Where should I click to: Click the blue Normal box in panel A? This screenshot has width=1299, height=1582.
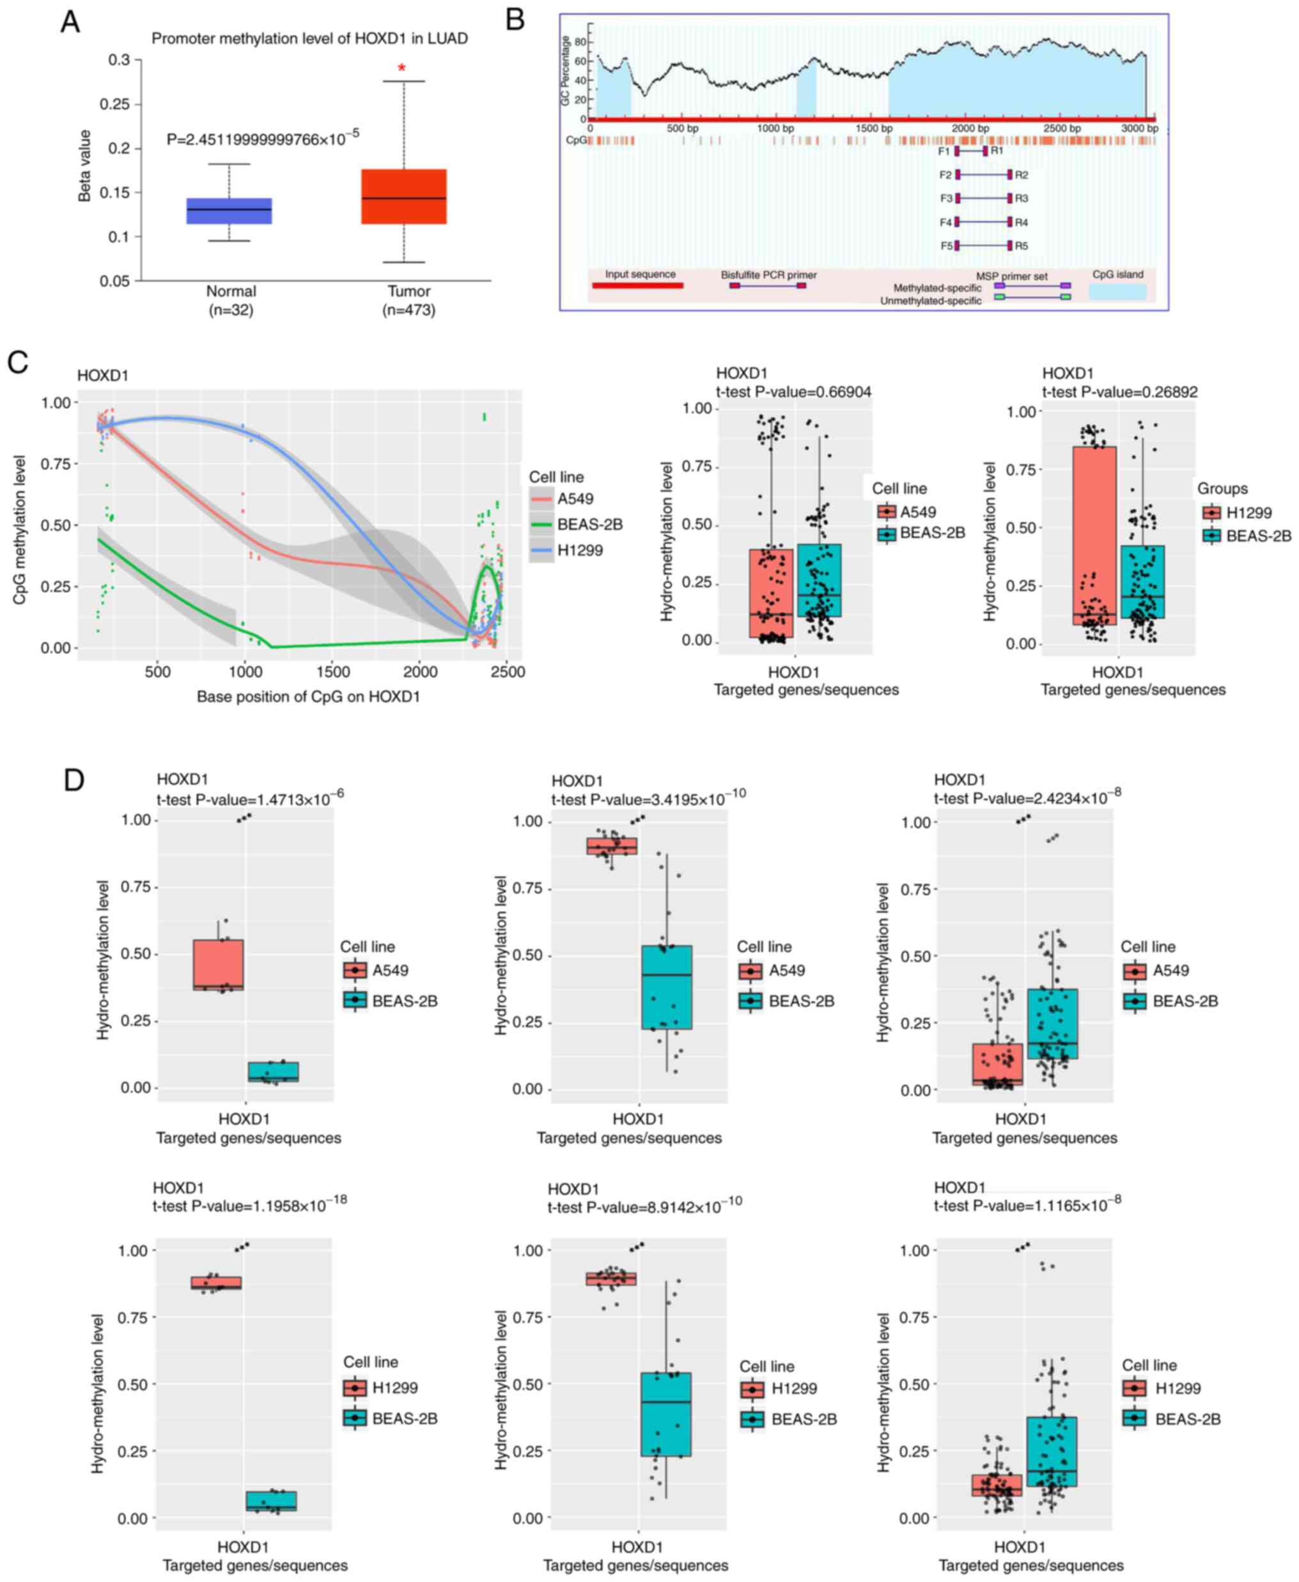[x=229, y=211]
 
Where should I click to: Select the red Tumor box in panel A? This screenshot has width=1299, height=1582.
[x=403, y=196]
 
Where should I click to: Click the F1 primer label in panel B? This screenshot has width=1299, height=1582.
[x=944, y=151]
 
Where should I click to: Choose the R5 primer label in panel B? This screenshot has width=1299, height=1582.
[x=1022, y=245]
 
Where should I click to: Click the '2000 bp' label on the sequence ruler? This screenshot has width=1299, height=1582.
[x=970, y=128]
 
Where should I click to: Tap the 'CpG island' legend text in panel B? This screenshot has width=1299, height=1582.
[x=1117, y=275]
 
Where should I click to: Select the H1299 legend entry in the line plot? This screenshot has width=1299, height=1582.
[x=580, y=551]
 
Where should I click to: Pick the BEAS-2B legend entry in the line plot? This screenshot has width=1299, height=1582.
[x=589, y=525]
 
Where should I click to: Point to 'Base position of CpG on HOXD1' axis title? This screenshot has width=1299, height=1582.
[x=308, y=696]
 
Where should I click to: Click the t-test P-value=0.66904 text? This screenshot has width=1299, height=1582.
[x=794, y=391]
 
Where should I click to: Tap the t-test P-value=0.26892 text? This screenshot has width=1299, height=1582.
[x=1120, y=391]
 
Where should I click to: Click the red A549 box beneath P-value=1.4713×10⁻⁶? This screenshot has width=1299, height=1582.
[x=219, y=964]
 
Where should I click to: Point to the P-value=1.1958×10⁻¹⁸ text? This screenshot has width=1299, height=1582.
[x=250, y=1205]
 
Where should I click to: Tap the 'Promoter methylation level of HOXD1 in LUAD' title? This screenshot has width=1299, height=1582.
[x=310, y=38]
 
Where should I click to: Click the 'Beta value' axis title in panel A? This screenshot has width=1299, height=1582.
[x=85, y=165]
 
